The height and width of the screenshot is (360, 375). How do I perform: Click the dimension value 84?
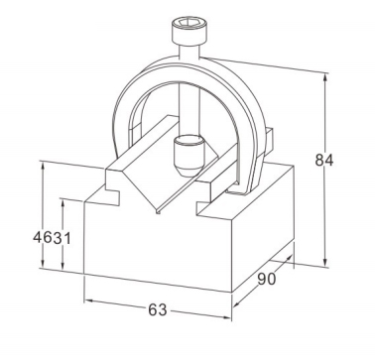[324, 160]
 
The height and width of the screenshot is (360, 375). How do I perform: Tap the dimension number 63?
[158, 310]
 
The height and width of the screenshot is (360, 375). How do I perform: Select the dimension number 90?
[266, 279]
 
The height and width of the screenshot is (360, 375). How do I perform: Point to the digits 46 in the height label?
[43, 237]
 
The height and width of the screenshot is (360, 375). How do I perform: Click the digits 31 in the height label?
[62, 238]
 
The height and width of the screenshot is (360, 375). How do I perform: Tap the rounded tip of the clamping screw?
[189, 155]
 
